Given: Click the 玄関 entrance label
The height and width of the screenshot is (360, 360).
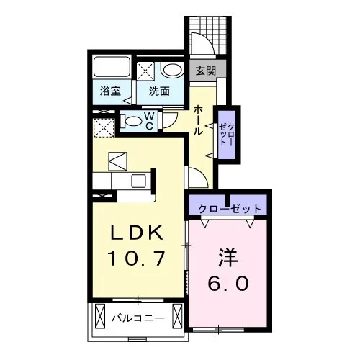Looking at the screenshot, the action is click(x=206, y=71).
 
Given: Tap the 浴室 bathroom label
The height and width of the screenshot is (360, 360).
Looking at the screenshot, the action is click(x=110, y=91).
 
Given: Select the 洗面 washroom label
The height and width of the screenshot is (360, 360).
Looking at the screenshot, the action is click(x=159, y=91).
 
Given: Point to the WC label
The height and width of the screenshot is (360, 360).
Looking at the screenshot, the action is click(x=150, y=121).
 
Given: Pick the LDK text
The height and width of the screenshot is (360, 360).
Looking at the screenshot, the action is click(x=137, y=233).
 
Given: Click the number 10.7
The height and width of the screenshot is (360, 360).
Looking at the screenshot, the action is click(x=137, y=258).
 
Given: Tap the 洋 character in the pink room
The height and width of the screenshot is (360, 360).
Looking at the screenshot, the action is click(x=228, y=258).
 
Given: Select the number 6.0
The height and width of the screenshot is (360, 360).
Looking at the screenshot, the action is click(x=228, y=283).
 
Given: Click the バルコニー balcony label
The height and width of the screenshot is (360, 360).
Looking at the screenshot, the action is click(x=139, y=318).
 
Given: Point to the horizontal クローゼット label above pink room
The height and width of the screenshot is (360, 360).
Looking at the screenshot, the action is click(x=230, y=209).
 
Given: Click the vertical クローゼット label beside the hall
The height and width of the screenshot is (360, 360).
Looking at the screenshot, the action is click(x=226, y=135).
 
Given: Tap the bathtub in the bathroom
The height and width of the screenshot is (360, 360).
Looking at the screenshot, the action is click(x=112, y=67).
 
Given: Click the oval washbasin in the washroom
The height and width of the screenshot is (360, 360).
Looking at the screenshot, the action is click(x=173, y=70).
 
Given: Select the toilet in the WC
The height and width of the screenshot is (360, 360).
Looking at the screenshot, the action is click(x=131, y=121).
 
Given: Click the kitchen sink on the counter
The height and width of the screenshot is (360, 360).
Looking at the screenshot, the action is click(x=139, y=181).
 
